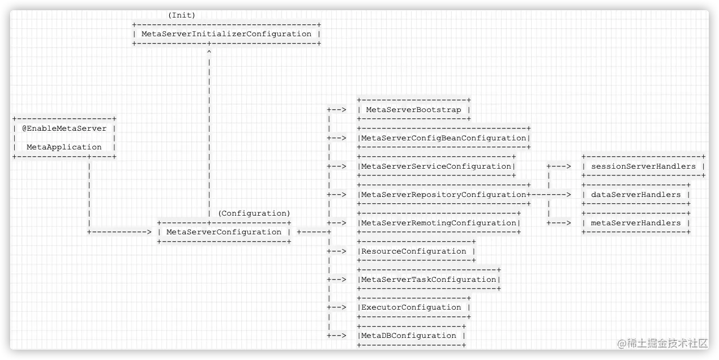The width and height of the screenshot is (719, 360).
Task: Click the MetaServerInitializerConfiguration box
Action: pyautogui.click(x=226, y=34)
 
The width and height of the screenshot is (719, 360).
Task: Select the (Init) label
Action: pyautogui.click(x=181, y=15)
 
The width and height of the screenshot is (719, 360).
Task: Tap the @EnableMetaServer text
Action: pyautogui.click(x=64, y=128)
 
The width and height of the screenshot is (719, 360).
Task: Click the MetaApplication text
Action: pyautogui.click(x=64, y=147)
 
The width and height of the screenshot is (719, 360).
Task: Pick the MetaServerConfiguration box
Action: pyautogui.click(x=224, y=232)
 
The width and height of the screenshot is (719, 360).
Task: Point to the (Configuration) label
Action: pyautogui.click(x=254, y=213)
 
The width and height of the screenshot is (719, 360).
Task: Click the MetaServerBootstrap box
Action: pyautogui.click(x=413, y=110)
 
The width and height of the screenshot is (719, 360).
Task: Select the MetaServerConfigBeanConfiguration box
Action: pyautogui.click(x=444, y=138)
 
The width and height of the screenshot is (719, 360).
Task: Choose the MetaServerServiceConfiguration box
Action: pyautogui.click(x=436, y=166)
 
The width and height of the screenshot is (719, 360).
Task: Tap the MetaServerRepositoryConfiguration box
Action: pyautogui.click(x=444, y=195)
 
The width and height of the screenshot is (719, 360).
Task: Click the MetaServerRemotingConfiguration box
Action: pyautogui.click(x=439, y=223)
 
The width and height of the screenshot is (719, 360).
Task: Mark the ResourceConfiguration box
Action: pyautogui.click(x=416, y=251)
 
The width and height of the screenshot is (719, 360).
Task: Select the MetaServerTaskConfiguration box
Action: pyautogui.click(x=429, y=280)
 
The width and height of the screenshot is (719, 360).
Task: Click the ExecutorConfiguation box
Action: pyautogui.click(x=413, y=307)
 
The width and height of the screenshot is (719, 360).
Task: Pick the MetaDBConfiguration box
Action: pyautogui.click(x=411, y=336)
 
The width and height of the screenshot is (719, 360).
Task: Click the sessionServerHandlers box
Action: pyautogui.click(x=644, y=166)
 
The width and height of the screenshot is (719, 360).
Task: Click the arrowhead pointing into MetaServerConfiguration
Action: pyautogui.click(x=149, y=232)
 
